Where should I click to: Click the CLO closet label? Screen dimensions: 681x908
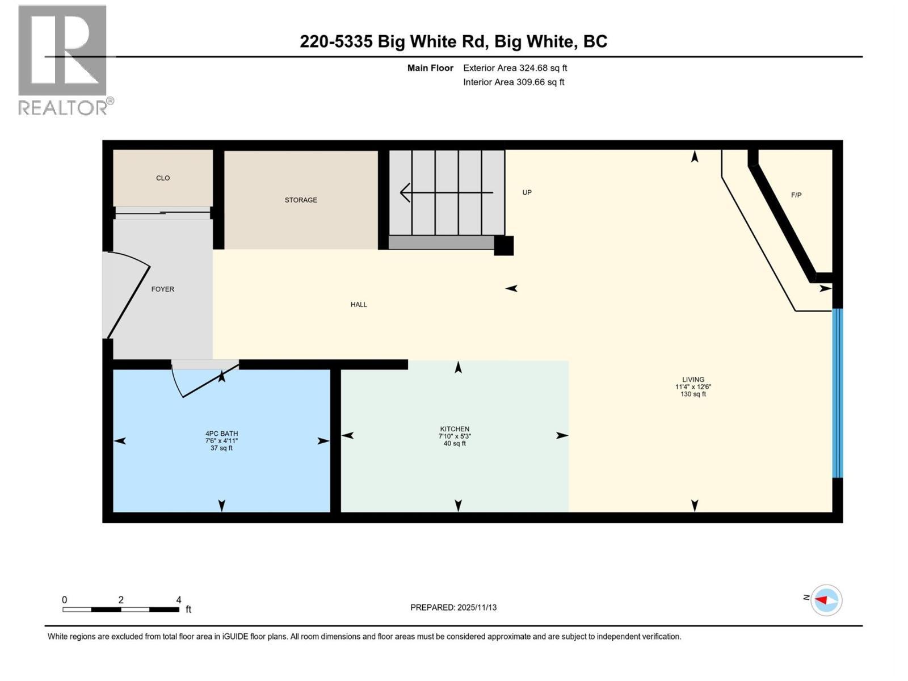(163, 178)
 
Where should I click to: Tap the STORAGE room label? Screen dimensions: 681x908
(301, 200)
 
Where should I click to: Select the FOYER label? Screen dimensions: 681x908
(162, 289)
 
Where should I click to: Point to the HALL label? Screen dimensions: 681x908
(359, 305)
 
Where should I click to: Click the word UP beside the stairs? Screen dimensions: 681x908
(527, 193)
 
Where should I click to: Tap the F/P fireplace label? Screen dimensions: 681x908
(796, 195)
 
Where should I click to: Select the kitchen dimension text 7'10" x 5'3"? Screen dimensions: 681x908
(455, 436)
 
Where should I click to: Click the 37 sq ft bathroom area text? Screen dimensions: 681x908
(221, 448)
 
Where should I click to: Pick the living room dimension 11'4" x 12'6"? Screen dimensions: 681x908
(693, 387)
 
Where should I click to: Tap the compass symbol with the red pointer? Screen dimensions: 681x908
(826, 600)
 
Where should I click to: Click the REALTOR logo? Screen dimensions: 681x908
(63, 60)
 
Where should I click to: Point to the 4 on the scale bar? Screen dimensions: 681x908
(179, 600)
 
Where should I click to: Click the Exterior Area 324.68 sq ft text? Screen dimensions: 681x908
(515, 68)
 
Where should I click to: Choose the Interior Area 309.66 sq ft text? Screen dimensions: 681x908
(514, 82)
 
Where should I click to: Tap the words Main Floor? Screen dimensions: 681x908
(430, 68)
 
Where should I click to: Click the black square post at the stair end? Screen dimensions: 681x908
(503, 246)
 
